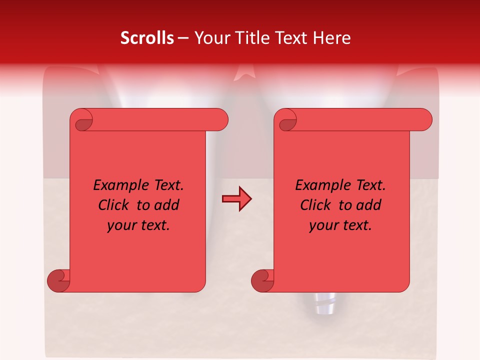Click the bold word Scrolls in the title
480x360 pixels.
click(147, 38)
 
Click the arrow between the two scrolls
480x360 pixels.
click(236, 199)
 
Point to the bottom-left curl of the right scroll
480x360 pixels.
click(263, 280)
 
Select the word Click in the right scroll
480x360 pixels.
click(315, 205)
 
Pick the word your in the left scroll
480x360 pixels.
click(120, 226)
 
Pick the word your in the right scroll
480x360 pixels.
click(322, 226)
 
